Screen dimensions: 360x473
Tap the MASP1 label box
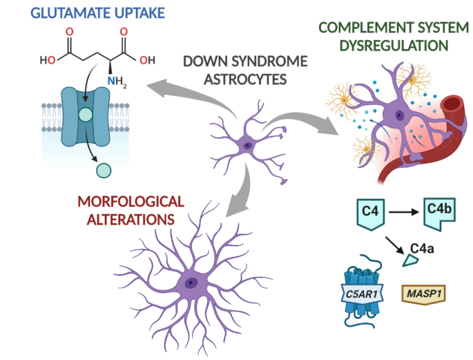[422, 294]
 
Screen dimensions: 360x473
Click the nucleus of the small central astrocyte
[247, 145]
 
